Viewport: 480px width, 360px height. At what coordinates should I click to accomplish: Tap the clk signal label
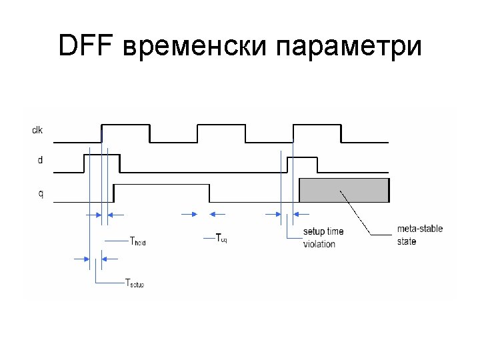[38, 129]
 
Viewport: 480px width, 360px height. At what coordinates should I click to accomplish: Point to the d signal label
[40, 161]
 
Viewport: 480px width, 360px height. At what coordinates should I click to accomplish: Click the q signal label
[40, 194]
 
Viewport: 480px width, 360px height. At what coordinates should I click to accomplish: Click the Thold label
[137, 241]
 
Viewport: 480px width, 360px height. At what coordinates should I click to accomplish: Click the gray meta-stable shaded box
[343, 190]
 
